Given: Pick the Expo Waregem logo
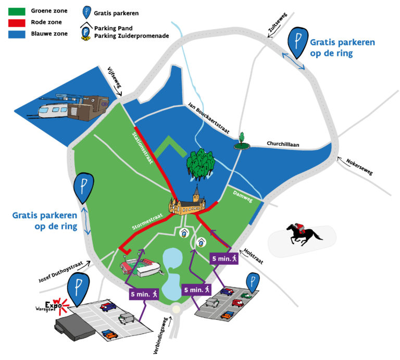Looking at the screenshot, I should [53, 307].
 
